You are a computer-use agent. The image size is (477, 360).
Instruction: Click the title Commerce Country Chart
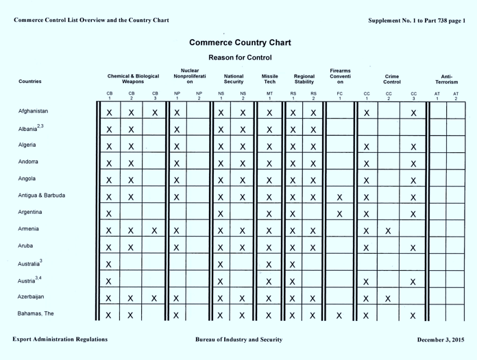pyautogui.click(x=240, y=43)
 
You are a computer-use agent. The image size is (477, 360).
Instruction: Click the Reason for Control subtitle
pyautogui.click(x=240, y=58)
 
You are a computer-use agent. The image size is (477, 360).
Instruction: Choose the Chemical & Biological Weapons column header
pyautogui.click(x=132, y=80)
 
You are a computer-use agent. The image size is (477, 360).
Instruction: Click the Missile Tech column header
pyautogui.click(x=269, y=80)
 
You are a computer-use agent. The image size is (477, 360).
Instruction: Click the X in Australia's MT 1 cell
pyautogui.click(x=269, y=265)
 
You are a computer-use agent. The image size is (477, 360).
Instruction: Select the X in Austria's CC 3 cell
pyautogui.click(x=413, y=282)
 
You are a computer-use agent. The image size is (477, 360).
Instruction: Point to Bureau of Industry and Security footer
pyautogui.click(x=238, y=340)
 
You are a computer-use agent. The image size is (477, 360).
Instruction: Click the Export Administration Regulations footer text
pyautogui.click(x=60, y=340)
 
